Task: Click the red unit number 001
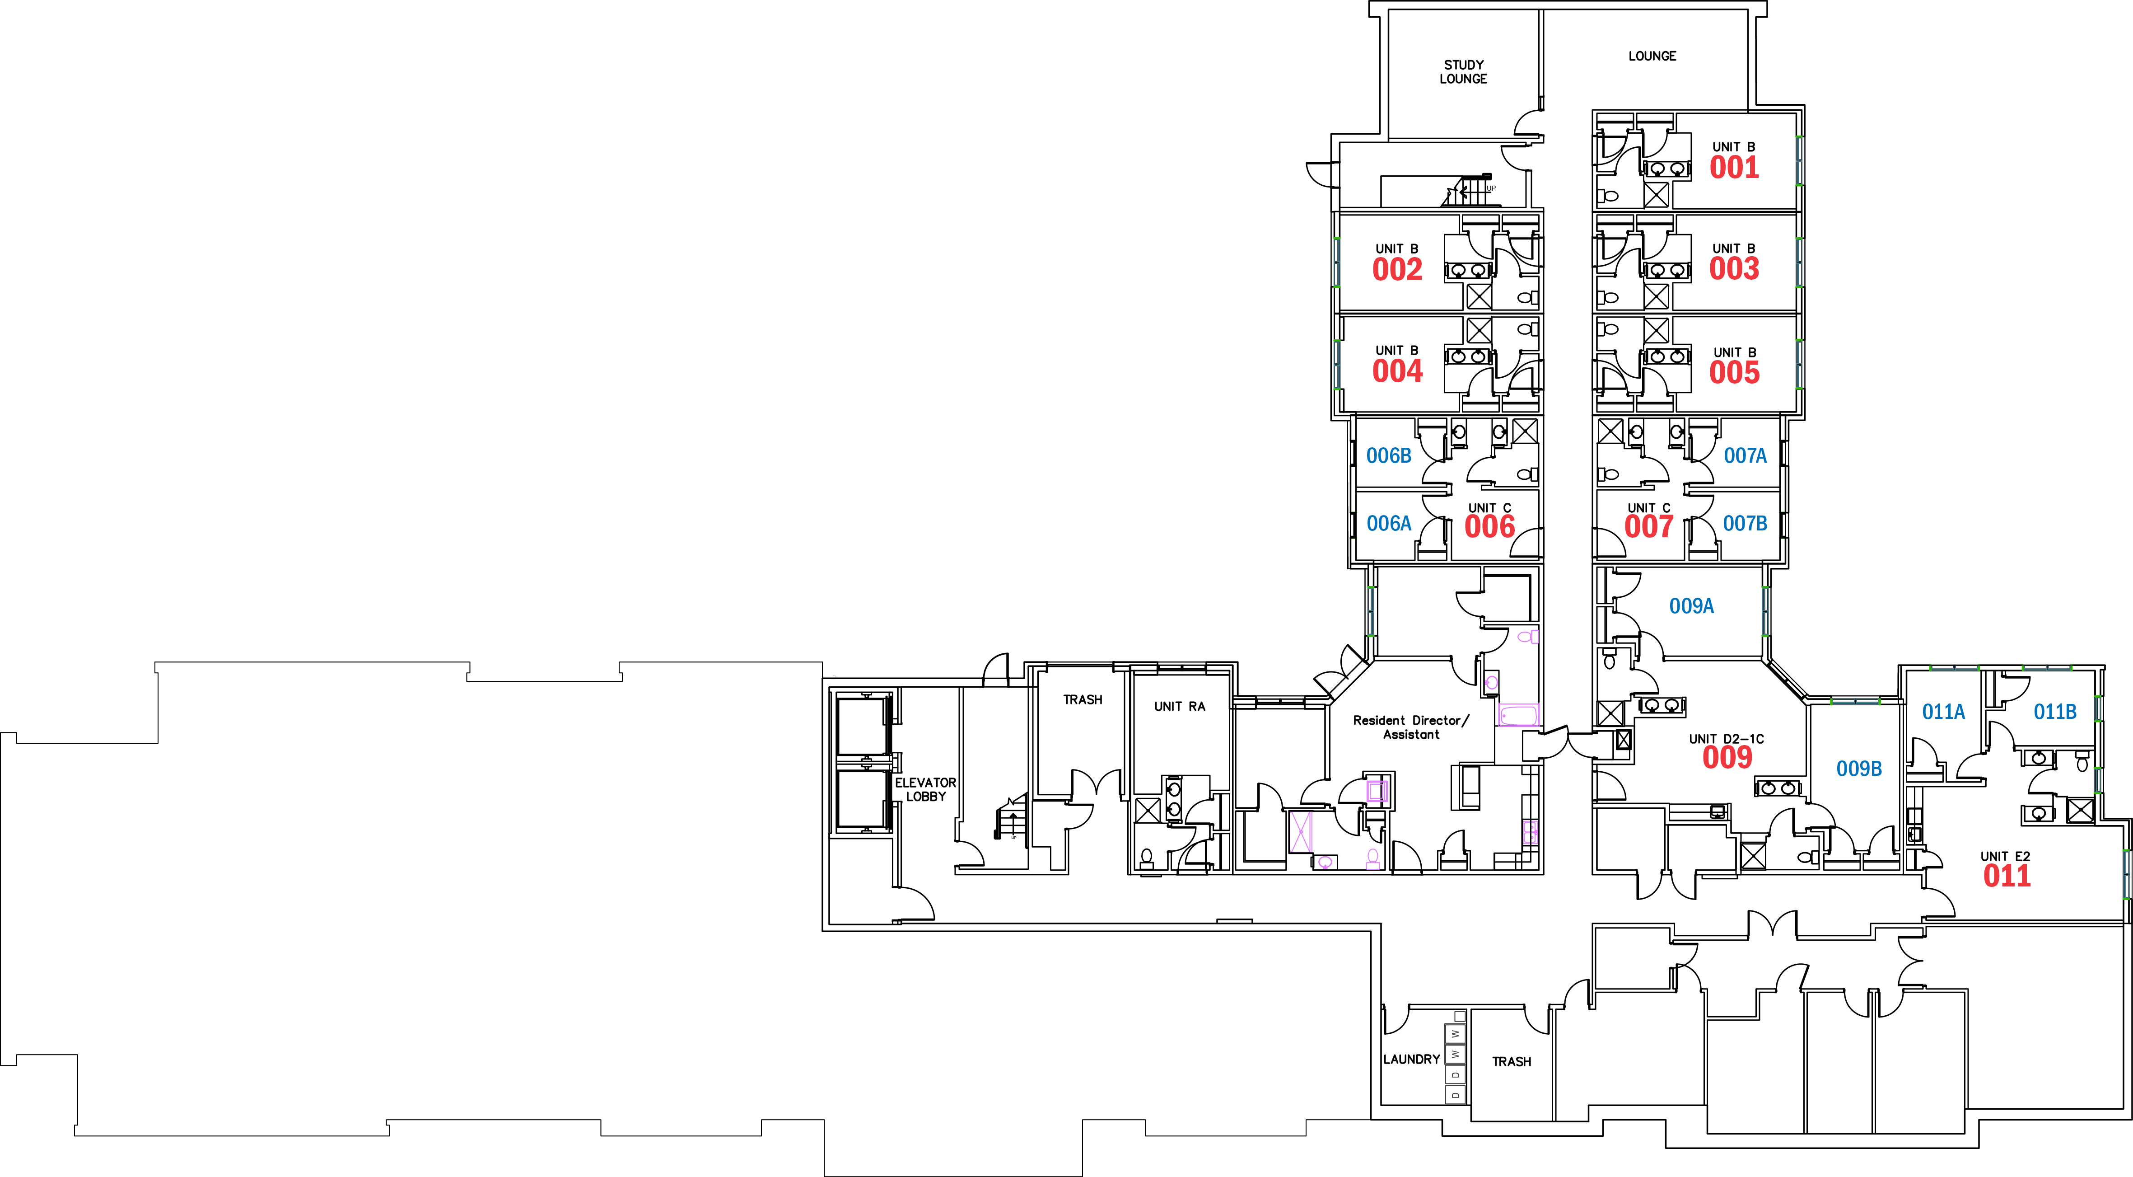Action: (x=1734, y=167)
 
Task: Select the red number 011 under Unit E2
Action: (x=2007, y=876)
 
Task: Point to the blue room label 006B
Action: (x=1389, y=455)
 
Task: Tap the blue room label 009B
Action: (x=1859, y=769)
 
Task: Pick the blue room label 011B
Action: (x=2055, y=712)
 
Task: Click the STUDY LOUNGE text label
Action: (x=1463, y=71)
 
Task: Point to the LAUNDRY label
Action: (x=1412, y=1060)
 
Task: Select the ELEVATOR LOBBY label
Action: (x=926, y=789)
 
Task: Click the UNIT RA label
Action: (x=1180, y=707)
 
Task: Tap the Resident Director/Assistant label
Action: (x=1411, y=727)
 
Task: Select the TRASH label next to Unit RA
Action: (x=1083, y=700)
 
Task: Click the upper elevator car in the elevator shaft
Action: (x=862, y=726)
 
